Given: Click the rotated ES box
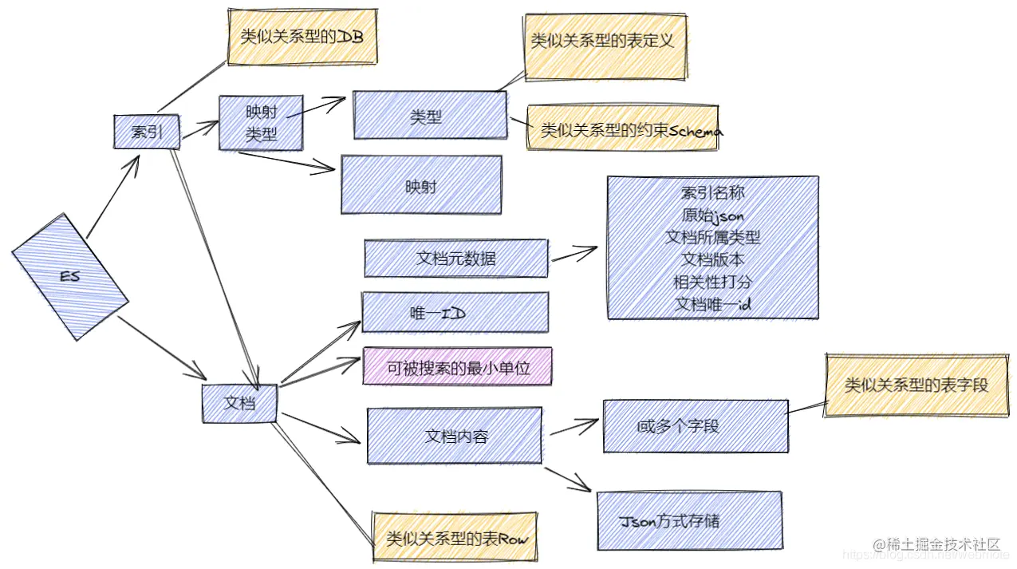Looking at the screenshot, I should (x=70, y=277).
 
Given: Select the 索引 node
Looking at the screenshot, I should (x=147, y=132).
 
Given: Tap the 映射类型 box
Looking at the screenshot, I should (x=261, y=123).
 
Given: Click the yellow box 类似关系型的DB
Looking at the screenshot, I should (x=302, y=37).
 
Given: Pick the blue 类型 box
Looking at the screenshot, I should (x=430, y=116).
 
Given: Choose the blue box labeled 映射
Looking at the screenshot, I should (x=420, y=185).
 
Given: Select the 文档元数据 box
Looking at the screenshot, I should (x=455, y=258).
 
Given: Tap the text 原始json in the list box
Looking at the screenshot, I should (x=712, y=215).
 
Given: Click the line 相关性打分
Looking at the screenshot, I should (x=712, y=282).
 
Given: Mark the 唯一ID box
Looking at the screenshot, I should (x=455, y=312).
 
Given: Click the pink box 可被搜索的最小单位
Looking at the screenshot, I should (x=458, y=367).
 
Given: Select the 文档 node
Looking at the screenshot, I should (x=239, y=403).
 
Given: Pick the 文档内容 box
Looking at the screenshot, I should (x=454, y=436).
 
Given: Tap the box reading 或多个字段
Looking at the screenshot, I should (x=695, y=426).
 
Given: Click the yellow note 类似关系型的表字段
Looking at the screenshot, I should (x=916, y=385).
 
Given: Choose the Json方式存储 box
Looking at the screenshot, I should (x=688, y=520).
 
